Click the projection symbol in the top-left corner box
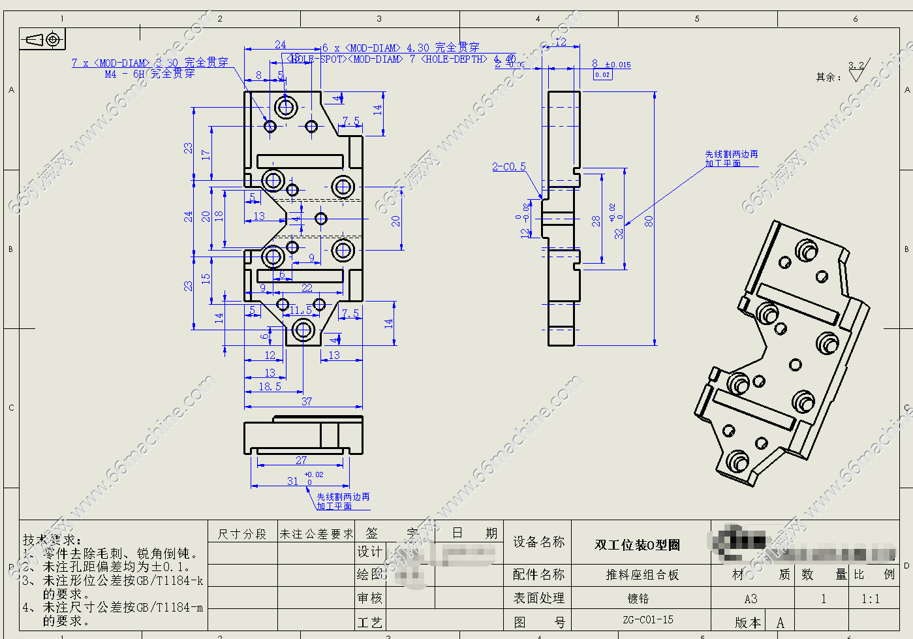43,40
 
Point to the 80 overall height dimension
649,221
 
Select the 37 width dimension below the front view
307,401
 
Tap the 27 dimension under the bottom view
301,460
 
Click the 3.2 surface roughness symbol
856,70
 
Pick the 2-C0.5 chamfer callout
508,167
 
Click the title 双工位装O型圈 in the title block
637,545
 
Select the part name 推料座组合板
642,575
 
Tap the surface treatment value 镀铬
638,599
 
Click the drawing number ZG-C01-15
647,620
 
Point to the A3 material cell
751,599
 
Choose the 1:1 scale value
871,599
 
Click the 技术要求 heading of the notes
52,540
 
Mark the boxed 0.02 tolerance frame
602,75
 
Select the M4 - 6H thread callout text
150,74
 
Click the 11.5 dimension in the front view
301,310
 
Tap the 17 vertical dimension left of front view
206,155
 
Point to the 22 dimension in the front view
307,288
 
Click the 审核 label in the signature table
369,599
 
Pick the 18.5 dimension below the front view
270,386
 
